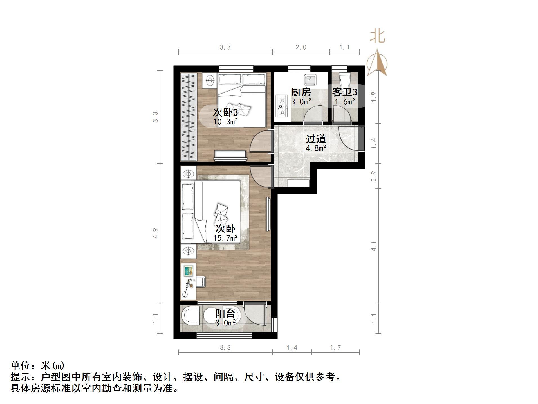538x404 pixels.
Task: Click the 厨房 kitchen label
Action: click(301, 92)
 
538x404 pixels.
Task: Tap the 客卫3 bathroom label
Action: click(344, 92)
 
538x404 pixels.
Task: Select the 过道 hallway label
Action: click(316, 139)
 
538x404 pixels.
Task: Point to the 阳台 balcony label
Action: click(225, 314)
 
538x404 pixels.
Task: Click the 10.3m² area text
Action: click(225, 122)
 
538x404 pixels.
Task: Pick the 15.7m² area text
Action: click(225, 238)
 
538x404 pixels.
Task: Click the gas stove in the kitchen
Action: click(282, 106)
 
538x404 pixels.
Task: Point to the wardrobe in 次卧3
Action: click(188, 117)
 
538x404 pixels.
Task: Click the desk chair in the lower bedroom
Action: click(201, 282)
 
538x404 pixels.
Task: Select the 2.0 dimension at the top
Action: click(301, 47)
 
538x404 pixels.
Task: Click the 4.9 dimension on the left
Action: click(155, 233)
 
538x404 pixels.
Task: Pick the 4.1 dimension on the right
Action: click(374, 246)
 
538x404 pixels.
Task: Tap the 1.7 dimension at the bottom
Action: click(335, 348)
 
